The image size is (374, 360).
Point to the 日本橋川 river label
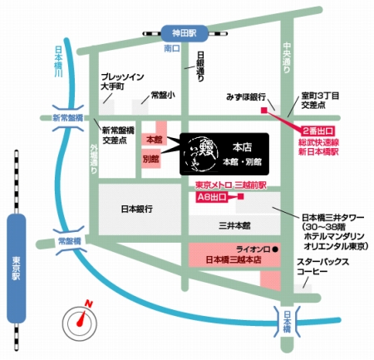pos(57,61)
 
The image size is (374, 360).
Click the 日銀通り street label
pos(200,66)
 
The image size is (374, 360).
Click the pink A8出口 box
pos(212,197)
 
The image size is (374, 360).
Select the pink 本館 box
pos(154,138)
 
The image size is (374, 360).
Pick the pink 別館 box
pos(150,158)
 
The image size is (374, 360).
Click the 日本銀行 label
pos(137,209)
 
